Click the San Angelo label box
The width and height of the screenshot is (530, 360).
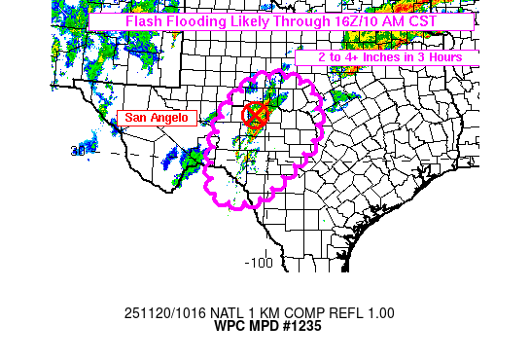(x=158, y=118)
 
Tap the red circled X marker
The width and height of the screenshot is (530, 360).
(x=255, y=115)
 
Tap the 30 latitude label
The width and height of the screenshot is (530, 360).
(x=77, y=151)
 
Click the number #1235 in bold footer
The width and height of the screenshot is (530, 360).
(x=300, y=327)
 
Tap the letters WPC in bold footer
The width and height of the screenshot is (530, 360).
(x=227, y=327)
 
